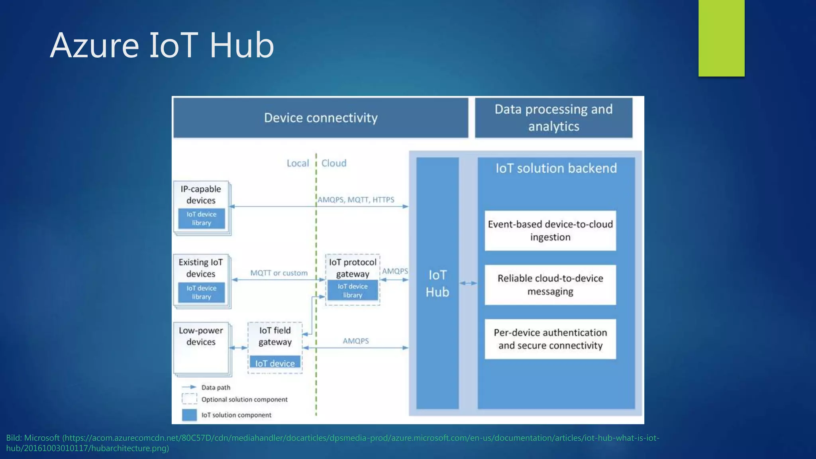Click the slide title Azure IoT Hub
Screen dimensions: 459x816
point(162,45)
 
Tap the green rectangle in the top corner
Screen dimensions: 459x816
point(721,38)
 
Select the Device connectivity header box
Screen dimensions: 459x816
point(321,118)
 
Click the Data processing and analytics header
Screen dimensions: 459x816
point(553,118)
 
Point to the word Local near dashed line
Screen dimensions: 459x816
point(298,163)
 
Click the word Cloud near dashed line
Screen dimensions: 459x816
point(334,163)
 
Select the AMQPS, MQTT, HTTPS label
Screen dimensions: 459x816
point(356,200)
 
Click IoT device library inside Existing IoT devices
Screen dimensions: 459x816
point(201,292)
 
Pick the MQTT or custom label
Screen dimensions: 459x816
point(279,273)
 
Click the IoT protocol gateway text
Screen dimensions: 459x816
point(353,268)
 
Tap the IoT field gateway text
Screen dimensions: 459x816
point(275,336)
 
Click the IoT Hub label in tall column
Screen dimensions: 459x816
point(437,283)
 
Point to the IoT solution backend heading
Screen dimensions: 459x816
point(556,168)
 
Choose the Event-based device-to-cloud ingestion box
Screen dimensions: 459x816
point(550,231)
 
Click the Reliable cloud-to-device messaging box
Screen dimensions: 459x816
point(550,285)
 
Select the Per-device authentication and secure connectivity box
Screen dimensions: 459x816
point(550,339)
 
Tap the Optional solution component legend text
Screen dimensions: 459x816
point(244,400)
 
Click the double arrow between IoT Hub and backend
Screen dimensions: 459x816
point(468,283)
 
